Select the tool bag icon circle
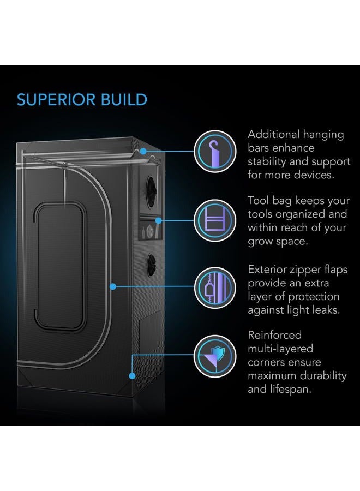(215, 220)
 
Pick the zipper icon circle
(215, 288)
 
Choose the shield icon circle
(215, 356)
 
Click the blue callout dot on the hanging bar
(143, 151)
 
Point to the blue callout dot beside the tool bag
(158, 220)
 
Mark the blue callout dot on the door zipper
(113, 286)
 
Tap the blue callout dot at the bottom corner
(132, 376)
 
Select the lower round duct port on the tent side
(152, 265)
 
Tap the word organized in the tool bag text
(294, 215)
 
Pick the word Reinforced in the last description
(275, 335)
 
